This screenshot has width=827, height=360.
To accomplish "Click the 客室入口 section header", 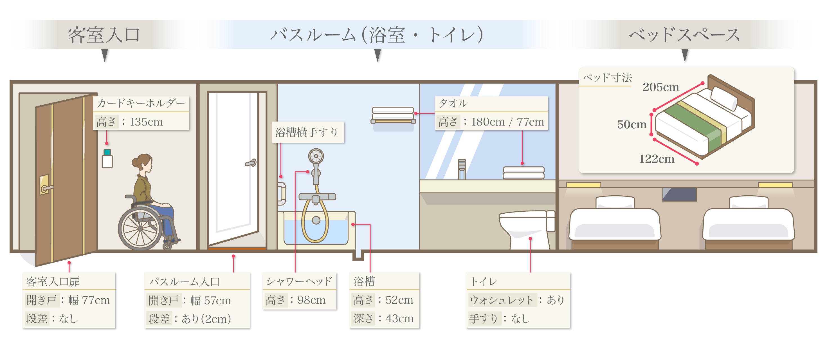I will [x=104, y=35].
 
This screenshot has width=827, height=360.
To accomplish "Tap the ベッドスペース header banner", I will [x=684, y=35].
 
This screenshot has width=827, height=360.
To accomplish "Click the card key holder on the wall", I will [x=107, y=158].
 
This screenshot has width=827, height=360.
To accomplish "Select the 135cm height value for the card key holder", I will [x=146, y=122].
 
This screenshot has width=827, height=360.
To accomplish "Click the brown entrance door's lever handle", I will [x=46, y=187].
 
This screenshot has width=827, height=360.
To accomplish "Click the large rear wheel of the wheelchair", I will [x=140, y=229].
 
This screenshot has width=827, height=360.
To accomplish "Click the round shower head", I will [x=316, y=156].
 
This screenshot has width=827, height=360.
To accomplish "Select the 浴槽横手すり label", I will [x=307, y=132].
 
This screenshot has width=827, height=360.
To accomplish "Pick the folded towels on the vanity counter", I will [x=523, y=173].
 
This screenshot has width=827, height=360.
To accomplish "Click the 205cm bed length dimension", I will [x=661, y=87].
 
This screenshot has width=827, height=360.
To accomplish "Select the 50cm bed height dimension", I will [x=632, y=125].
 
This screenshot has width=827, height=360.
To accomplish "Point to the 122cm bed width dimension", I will [x=657, y=159].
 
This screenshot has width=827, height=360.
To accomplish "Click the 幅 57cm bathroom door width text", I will [x=211, y=301].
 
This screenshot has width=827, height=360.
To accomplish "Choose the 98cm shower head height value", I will [x=311, y=300].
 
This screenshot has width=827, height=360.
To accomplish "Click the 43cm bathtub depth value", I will [x=399, y=319].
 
